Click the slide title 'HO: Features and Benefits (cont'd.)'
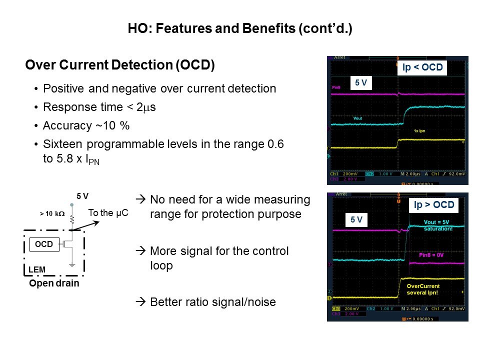pyautogui.click(x=240, y=29)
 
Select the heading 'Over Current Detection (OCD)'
pyautogui.click(x=120, y=65)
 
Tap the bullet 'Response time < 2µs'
pyautogui.click(x=99, y=107)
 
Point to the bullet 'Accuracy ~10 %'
pyautogui.click(x=83, y=125)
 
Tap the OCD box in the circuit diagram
pyautogui.click(x=44, y=244)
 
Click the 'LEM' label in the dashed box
pyautogui.click(x=37, y=270)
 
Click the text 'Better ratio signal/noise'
pyautogui.click(x=212, y=302)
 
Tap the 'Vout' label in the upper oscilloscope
pyautogui.click(x=357, y=118)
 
